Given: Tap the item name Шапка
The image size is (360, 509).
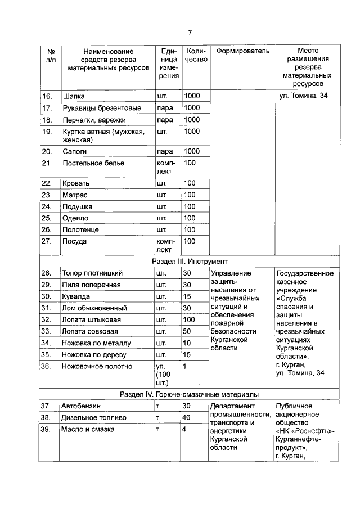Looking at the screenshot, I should coord(73,96).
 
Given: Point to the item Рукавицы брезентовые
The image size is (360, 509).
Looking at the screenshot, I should coord(101,108).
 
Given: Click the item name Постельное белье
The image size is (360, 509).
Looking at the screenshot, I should coord(93,163).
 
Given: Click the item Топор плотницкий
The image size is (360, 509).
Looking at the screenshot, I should coord(92,273).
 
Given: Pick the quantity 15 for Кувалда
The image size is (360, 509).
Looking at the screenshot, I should coord(187,296).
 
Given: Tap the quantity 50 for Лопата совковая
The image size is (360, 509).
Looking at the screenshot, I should coord(188,331).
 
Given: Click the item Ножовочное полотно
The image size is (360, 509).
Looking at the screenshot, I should coord(97,366).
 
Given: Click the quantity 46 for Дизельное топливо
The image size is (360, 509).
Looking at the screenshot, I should coord(188,418).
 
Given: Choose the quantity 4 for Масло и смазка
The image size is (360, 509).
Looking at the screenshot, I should coord(184,430).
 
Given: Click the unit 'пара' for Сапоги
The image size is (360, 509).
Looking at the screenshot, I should coord(165,151).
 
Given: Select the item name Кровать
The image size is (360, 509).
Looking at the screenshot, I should coord(76,183).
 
